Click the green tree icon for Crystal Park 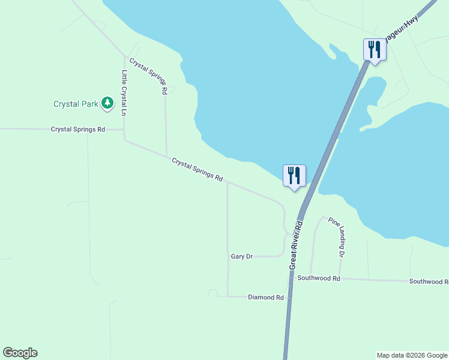click(107, 103)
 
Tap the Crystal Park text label click(75, 104)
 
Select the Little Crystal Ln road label click(124, 93)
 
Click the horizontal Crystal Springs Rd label click(78, 129)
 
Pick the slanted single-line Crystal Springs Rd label click(197, 170)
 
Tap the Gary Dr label click(242, 256)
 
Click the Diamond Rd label click(265, 297)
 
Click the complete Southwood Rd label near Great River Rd click(319, 278)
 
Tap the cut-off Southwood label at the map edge click(429, 281)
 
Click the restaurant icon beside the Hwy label click(375, 49)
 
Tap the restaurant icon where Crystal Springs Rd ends click(294, 175)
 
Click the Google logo click(20, 353)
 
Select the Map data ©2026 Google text click(412, 355)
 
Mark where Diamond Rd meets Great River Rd click(289, 297)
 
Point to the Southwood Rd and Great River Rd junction click(291, 278)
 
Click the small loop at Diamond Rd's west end click(212, 292)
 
